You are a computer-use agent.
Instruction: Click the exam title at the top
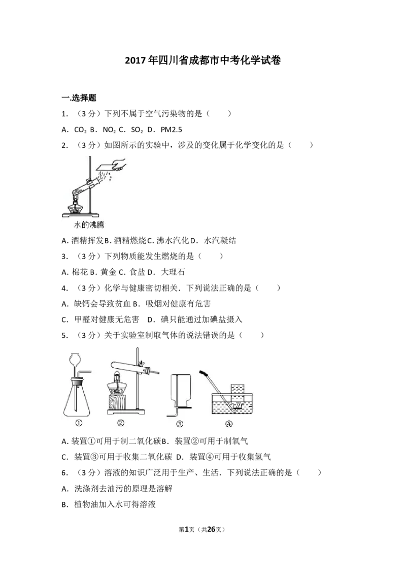(202, 60)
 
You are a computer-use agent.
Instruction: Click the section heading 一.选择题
(79, 98)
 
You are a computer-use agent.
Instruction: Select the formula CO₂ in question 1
(80, 130)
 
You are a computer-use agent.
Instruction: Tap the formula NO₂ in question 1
(109, 130)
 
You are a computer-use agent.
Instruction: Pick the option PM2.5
(172, 130)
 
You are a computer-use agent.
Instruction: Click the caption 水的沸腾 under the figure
(89, 225)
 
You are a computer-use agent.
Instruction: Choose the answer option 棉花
(80, 272)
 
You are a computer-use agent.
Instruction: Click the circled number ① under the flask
(79, 423)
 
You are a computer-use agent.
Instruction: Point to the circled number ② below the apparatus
(121, 423)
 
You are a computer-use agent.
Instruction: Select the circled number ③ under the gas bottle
(180, 424)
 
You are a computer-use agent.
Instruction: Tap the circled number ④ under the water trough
(229, 424)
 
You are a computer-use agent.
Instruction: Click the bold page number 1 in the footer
(187, 529)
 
